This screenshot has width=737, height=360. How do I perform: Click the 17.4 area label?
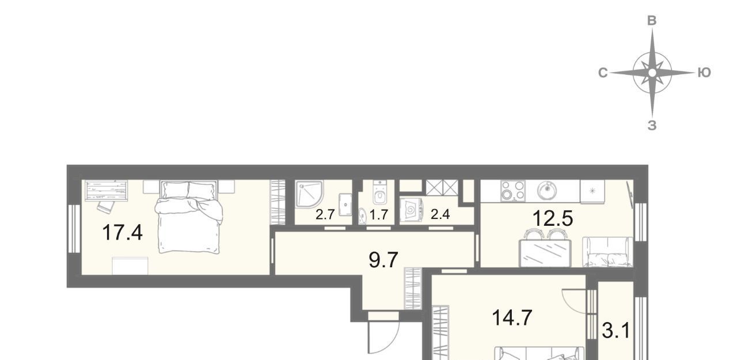(x=123, y=232)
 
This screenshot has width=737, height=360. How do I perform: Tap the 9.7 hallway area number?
(x=383, y=260)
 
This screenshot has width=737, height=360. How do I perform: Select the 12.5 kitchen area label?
(x=553, y=218)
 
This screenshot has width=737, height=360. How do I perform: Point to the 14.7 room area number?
(x=512, y=318)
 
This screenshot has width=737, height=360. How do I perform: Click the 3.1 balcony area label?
(x=616, y=331)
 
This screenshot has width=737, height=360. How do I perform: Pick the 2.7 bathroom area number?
(x=325, y=214)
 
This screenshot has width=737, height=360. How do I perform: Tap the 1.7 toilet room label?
(x=379, y=214)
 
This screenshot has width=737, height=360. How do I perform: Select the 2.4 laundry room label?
(x=440, y=214)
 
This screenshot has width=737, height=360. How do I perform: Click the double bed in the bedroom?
(x=189, y=217)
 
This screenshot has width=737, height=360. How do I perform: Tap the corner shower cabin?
(x=309, y=195)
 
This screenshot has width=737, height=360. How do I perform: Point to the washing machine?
(x=411, y=209)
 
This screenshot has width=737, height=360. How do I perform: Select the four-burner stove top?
(x=512, y=191)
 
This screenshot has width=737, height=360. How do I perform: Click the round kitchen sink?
(x=547, y=191)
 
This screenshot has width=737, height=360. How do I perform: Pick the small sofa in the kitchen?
(x=607, y=252)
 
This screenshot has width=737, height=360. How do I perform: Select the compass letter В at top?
(x=652, y=21)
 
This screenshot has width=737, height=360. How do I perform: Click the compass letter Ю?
(x=704, y=73)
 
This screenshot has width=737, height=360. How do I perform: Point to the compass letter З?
(x=652, y=126)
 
